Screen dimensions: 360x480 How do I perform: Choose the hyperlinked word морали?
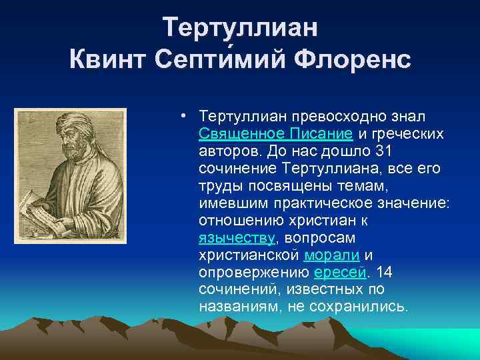click(x=332, y=255)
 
